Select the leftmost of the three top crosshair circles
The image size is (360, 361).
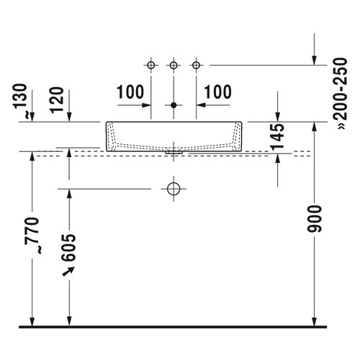(x=150, y=66)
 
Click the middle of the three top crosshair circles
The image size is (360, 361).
(x=173, y=66)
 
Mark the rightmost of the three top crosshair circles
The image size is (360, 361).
(x=195, y=66)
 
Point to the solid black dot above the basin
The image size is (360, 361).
(x=173, y=106)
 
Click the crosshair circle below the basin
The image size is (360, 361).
(x=173, y=190)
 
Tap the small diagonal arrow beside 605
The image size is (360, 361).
(x=70, y=271)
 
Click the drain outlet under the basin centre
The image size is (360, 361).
(x=173, y=152)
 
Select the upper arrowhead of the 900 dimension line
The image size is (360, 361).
(x=314, y=126)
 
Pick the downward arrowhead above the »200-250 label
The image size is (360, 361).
(x=314, y=59)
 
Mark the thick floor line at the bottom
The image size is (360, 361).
(x=180, y=326)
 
